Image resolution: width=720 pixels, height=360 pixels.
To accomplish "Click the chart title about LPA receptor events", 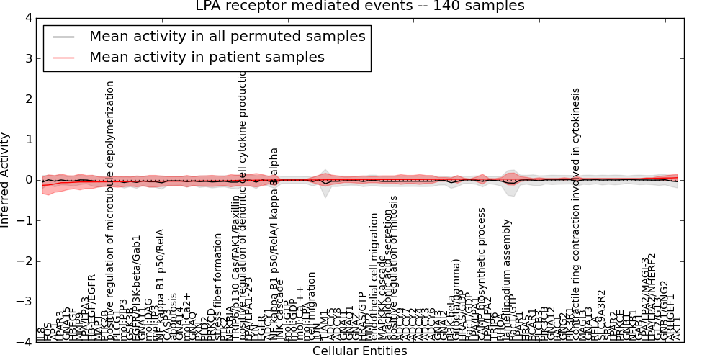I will point(359,6).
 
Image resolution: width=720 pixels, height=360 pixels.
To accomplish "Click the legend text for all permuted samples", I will point(228,36).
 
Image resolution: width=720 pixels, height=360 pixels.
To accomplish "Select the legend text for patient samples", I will point(207,57).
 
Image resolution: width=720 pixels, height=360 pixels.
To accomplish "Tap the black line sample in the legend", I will point(63,36).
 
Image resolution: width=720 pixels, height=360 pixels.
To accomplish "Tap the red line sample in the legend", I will point(63,57).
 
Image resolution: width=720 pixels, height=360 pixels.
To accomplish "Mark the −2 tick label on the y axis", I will point(24,261).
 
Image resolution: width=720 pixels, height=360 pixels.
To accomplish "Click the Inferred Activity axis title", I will point(6,180).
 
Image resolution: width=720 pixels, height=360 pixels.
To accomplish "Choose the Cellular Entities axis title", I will point(359,351).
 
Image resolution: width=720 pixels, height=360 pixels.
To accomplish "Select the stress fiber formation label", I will point(217,286).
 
